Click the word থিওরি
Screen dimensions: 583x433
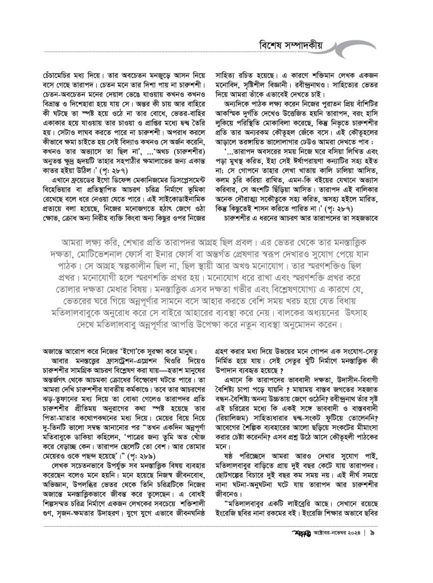tap(170, 360)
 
